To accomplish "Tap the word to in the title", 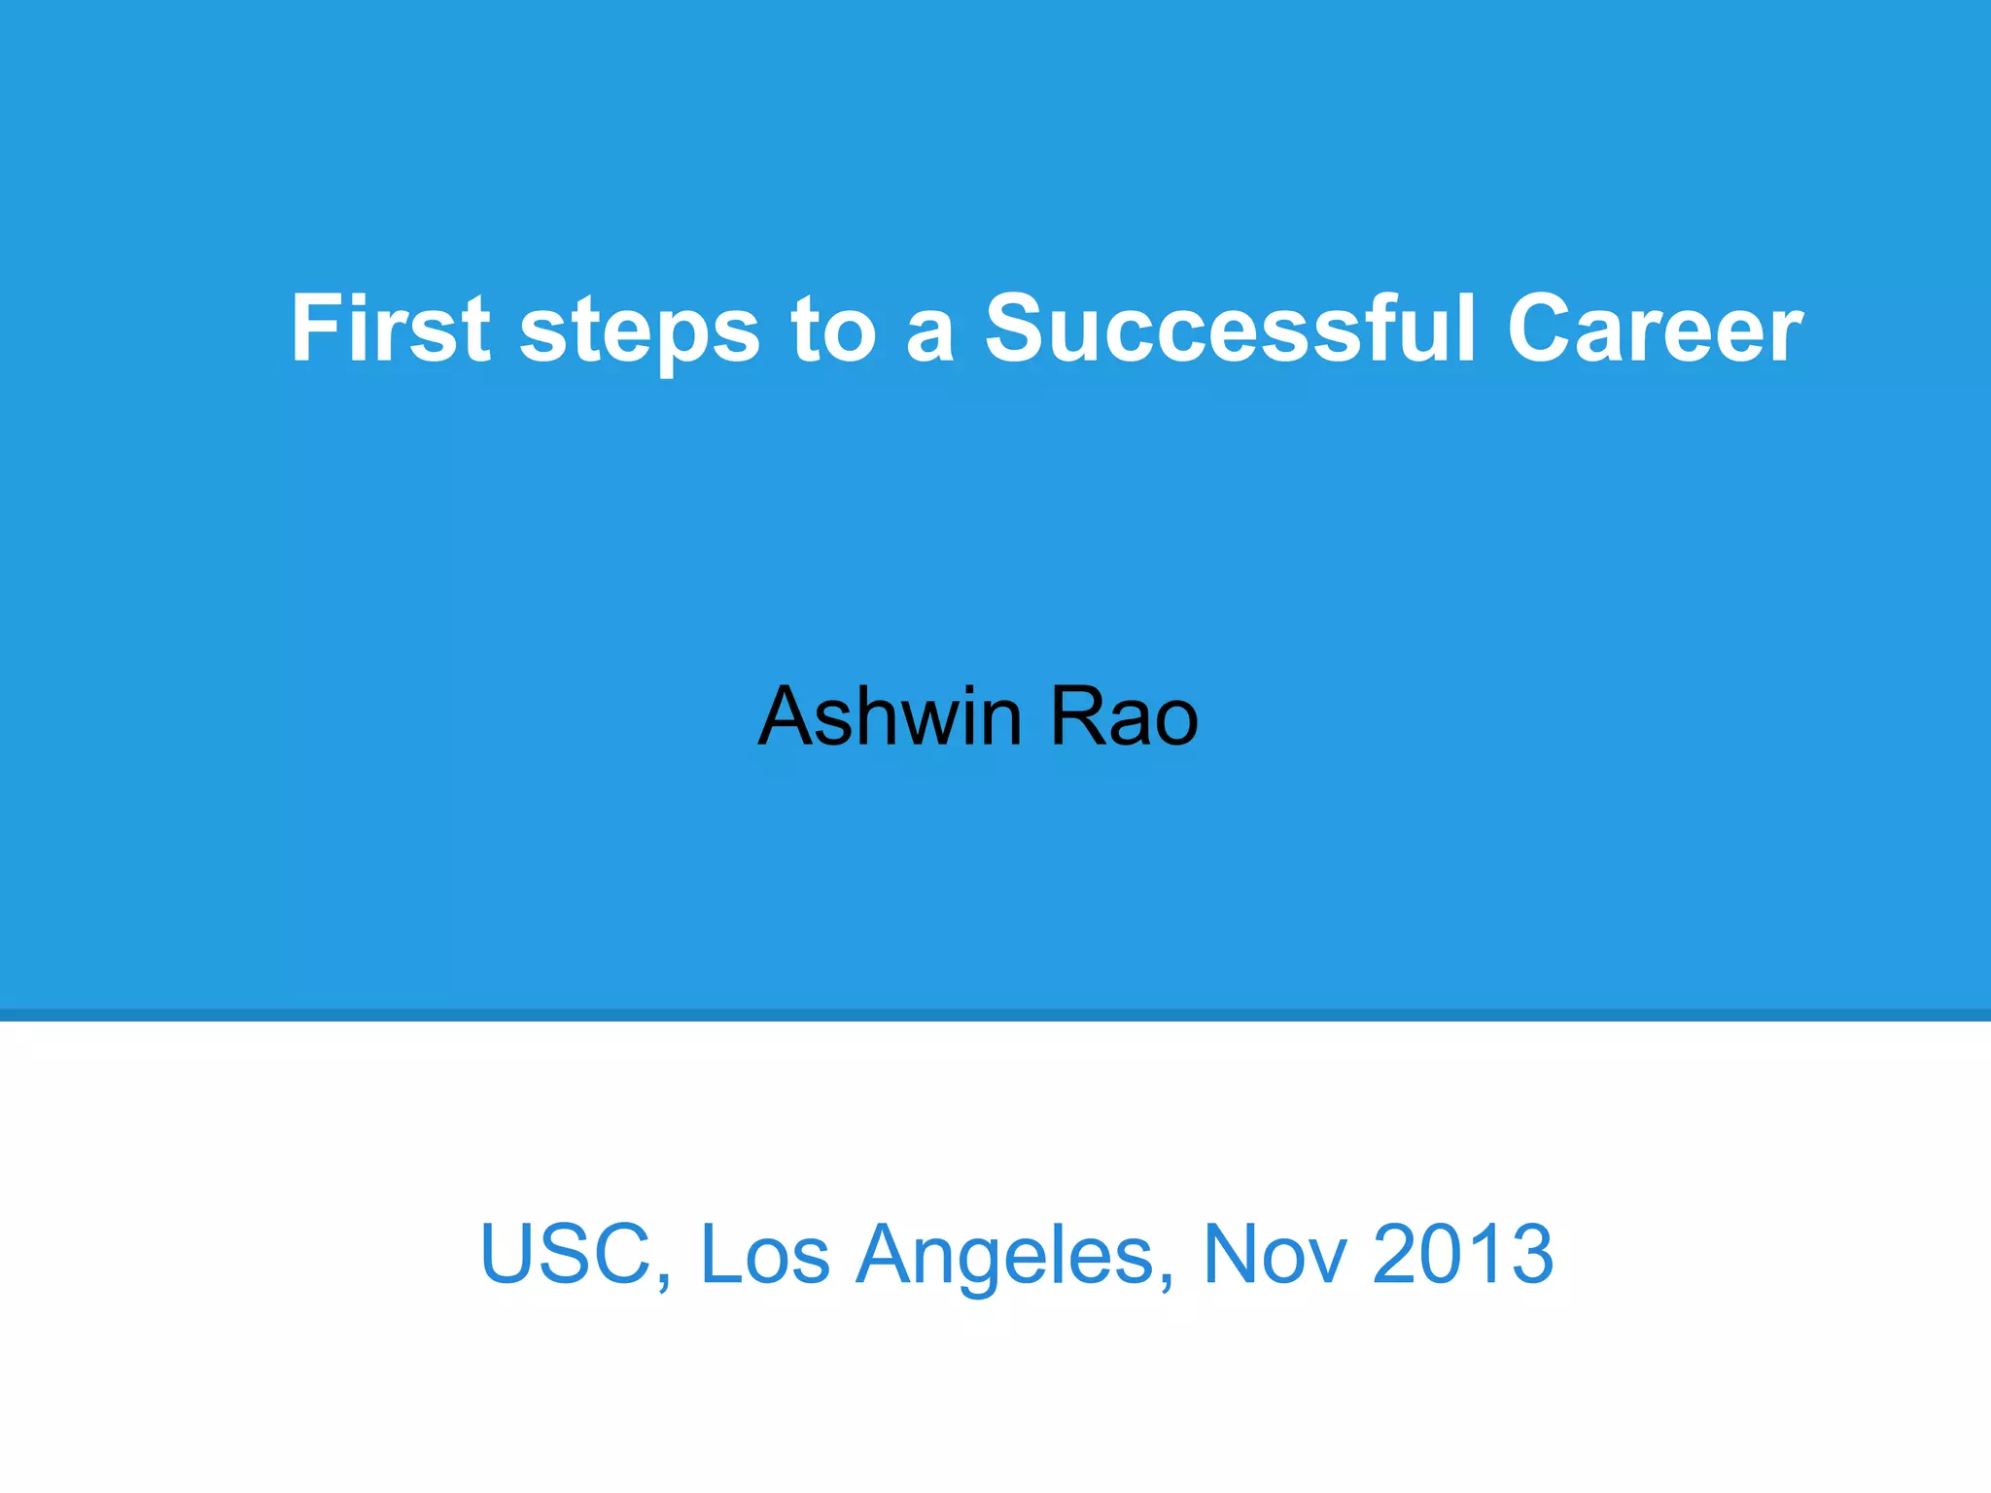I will pyautogui.click(x=833, y=330).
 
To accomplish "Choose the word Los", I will pyautogui.click(x=764, y=1253).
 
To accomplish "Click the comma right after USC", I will pyautogui.click(x=664, y=1279).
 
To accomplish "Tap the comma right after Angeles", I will pyautogui.click(x=1167, y=1279).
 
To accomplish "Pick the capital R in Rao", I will pyautogui.click(x=1075, y=716).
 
